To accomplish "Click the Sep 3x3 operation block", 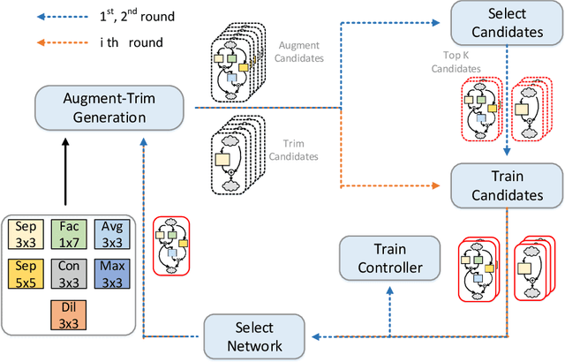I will coord(28,235).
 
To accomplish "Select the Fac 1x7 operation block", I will coord(69,235).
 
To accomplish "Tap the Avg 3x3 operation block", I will coord(110,235).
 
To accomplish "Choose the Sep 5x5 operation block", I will coord(28,275).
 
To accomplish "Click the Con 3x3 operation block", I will coord(69,275).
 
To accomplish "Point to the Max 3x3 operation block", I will coord(110,275).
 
